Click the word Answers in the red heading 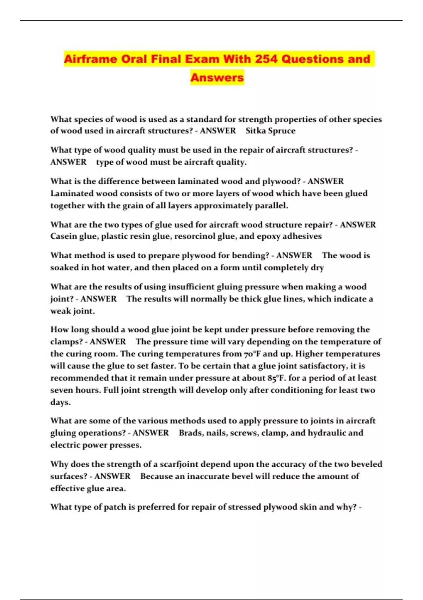[217, 77]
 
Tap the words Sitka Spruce [270, 131]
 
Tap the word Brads [191, 433]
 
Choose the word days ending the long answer [60, 402]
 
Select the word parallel [271, 205]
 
